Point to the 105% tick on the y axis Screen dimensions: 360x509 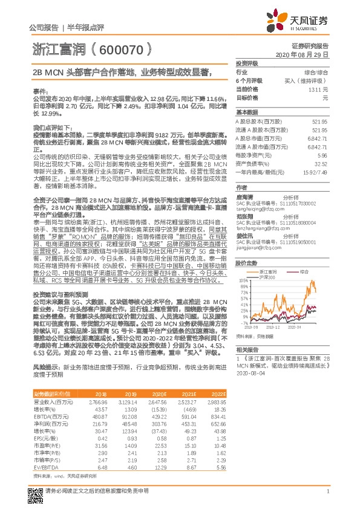tap(242, 282)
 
